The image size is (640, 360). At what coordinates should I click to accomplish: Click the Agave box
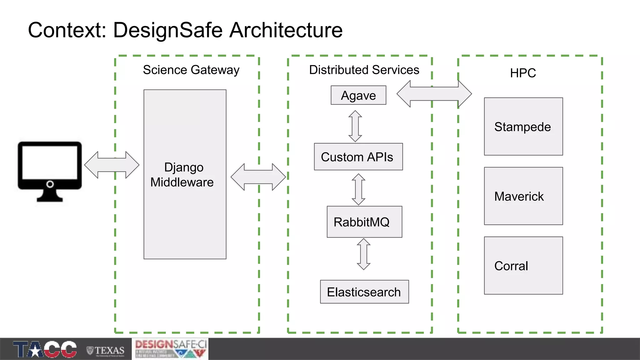pyautogui.click(x=358, y=95)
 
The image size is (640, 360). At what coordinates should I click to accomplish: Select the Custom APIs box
pyautogui.click(x=358, y=157)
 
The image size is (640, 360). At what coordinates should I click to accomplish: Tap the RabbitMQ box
pyautogui.click(x=364, y=222)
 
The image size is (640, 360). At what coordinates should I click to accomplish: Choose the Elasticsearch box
pyautogui.click(x=364, y=292)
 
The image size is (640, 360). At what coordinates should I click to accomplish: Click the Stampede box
pyautogui.click(x=523, y=127)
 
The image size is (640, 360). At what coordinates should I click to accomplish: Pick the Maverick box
pyautogui.click(x=523, y=196)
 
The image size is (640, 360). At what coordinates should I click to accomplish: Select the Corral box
pyautogui.click(x=523, y=266)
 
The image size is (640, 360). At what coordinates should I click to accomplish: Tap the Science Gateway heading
pyautogui.click(x=191, y=70)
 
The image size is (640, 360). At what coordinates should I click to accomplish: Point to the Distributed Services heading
pyautogui.click(x=364, y=70)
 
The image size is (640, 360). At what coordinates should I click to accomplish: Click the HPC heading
pyautogui.click(x=523, y=73)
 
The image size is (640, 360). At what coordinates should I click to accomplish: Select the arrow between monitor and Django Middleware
pyautogui.click(x=112, y=165)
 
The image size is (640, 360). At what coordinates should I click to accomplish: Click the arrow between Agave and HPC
pyautogui.click(x=434, y=94)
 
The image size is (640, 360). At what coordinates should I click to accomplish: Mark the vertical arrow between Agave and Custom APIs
pyautogui.click(x=355, y=126)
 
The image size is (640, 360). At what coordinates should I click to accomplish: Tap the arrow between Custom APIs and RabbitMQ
pyautogui.click(x=358, y=189)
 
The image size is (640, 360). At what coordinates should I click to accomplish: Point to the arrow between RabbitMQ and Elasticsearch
pyautogui.click(x=364, y=254)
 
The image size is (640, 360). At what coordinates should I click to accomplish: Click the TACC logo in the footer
pyautogui.click(x=45, y=349)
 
